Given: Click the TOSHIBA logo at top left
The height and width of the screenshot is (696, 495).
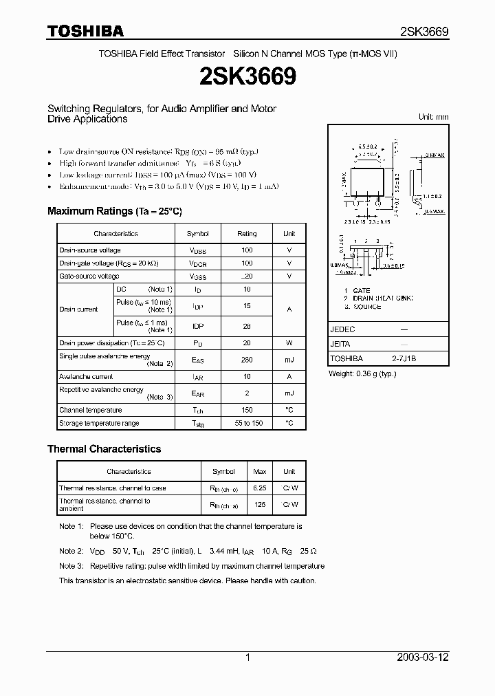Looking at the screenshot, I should click(x=85, y=31).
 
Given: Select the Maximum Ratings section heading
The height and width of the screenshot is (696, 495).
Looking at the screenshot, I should click(x=114, y=211).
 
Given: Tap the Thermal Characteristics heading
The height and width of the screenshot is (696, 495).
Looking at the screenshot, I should click(x=104, y=448).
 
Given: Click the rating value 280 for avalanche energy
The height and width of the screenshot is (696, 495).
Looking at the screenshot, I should click(x=247, y=360).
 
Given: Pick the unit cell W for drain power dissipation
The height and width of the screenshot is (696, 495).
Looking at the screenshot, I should click(x=289, y=343).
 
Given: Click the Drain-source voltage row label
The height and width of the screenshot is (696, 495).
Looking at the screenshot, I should click(x=90, y=250).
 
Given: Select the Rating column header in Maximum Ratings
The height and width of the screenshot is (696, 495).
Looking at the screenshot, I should click(x=247, y=234).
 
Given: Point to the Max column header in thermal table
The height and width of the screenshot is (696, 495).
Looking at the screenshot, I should click(x=260, y=472).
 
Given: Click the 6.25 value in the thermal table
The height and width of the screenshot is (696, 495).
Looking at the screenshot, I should click(x=260, y=488).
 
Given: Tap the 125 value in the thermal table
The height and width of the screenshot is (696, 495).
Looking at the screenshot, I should click(x=260, y=505).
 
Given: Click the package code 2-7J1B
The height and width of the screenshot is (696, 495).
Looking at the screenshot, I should click(x=404, y=358).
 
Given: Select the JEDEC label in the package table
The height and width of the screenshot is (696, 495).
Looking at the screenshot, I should click(x=342, y=329).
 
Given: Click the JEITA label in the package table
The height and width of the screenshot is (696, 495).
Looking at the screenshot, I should click(x=340, y=344).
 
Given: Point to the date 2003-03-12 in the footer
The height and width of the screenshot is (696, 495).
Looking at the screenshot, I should click(x=422, y=657).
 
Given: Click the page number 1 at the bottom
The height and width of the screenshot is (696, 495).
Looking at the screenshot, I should click(x=247, y=657).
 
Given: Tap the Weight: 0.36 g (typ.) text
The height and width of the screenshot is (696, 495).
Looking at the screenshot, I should click(x=362, y=373).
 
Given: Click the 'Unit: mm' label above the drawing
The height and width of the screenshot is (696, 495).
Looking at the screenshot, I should click(x=433, y=117).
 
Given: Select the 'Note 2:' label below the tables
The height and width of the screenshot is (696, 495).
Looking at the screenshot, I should click(x=71, y=551).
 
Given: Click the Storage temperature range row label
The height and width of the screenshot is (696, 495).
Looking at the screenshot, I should click(x=99, y=423).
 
